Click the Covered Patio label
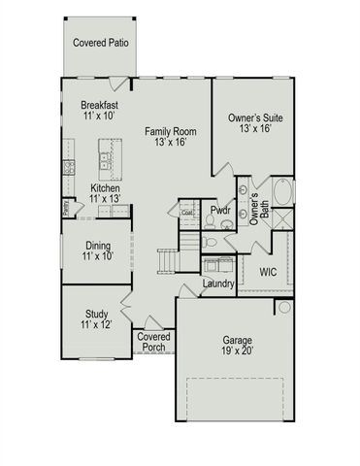click(x=100, y=44)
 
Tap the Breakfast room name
click(x=100, y=108)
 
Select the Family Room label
click(x=165, y=136)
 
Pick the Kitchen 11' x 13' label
click(x=105, y=194)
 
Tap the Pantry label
click(x=67, y=207)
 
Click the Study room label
click(x=96, y=319)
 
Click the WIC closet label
click(x=268, y=273)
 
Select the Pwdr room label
click(x=221, y=209)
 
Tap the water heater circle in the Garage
click(x=283, y=308)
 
